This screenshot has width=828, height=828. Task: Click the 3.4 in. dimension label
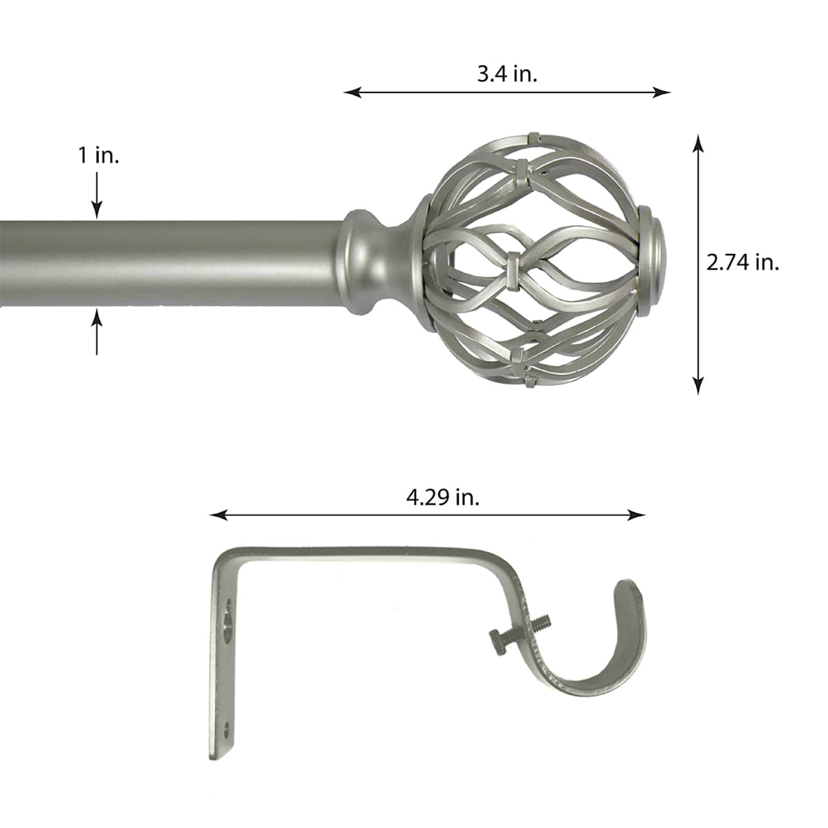pyautogui.click(x=507, y=74)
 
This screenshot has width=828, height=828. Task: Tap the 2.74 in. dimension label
pyautogui.click(x=742, y=262)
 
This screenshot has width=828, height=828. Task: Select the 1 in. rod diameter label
pyautogui.click(x=99, y=155)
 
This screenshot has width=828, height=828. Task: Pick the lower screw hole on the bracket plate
pyautogui.click(x=226, y=728)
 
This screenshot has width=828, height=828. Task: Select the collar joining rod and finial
pyautogui.click(x=366, y=262)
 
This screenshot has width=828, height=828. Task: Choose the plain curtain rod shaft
pyautogui.click(x=172, y=262)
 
